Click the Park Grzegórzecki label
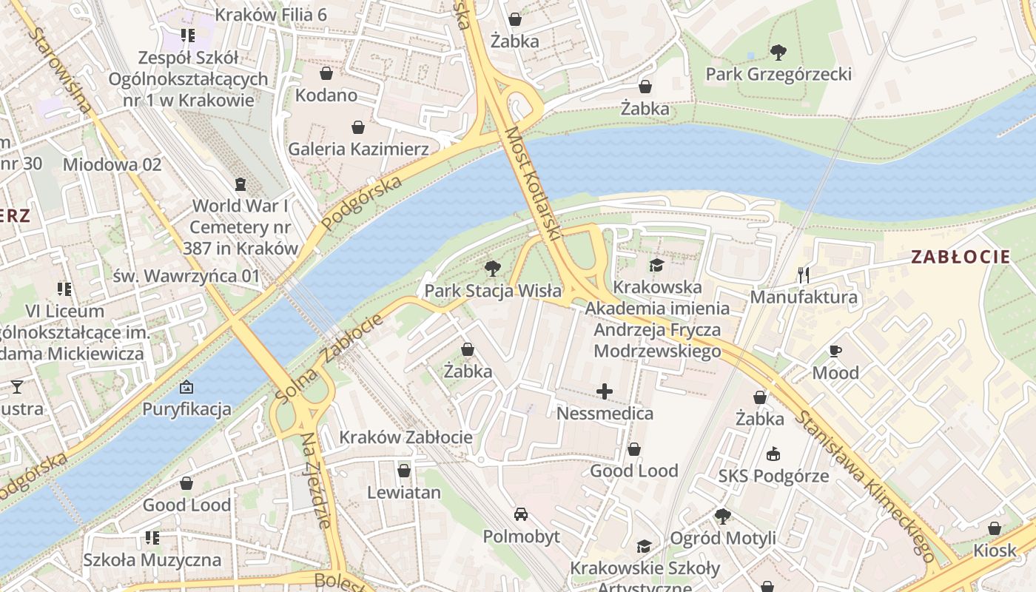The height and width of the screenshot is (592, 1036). coord(778,74)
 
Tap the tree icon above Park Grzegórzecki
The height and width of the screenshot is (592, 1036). coord(778,52)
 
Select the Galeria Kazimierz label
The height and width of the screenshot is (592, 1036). coord(358,149)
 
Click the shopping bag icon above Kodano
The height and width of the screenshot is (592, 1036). coord(326,73)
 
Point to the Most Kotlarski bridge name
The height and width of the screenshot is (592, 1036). coord(531,183)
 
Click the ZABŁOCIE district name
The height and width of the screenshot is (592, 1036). coord(961,258)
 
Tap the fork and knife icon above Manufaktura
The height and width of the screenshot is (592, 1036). coord(804,275)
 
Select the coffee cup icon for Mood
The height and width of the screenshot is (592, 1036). coord(835,351)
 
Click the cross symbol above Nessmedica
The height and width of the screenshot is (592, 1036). coord(605,391)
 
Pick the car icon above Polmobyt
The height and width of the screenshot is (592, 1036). coord(521,514)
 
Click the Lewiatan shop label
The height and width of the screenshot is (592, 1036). coord(404,492)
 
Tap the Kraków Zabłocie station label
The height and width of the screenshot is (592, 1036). coord(406,437)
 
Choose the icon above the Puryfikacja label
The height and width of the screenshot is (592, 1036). coord(186,387)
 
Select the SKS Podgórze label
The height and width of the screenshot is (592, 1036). coord(773,476)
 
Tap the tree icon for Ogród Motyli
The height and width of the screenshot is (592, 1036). coord(722,516)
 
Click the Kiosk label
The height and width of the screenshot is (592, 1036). coord(995,551)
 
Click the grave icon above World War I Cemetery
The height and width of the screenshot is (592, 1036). coord(240,184)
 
